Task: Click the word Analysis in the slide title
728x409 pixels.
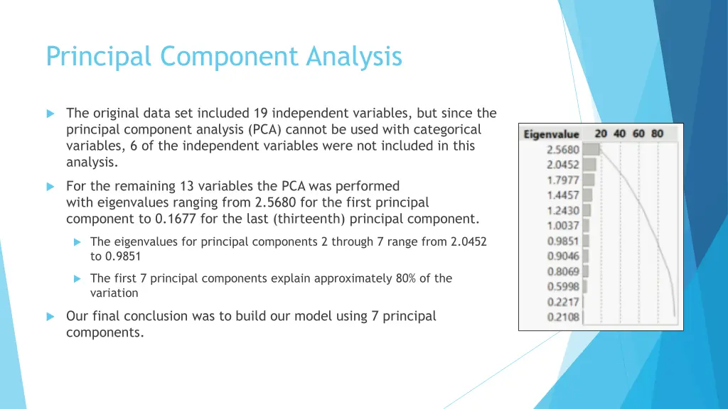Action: click(x=354, y=56)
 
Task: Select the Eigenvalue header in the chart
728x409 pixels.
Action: click(x=551, y=134)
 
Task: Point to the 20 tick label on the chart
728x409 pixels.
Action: click(x=601, y=133)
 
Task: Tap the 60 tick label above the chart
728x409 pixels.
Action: click(x=638, y=133)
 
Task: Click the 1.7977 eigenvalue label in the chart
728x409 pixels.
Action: click(x=563, y=180)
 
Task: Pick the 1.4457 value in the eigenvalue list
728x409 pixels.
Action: click(x=563, y=195)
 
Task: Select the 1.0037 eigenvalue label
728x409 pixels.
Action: click(x=563, y=226)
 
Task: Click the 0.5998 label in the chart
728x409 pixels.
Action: click(x=563, y=287)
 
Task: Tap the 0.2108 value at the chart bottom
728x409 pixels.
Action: click(x=563, y=317)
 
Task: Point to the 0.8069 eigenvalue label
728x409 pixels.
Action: click(x=563, y=271)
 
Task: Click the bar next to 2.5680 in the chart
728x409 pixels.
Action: click(x=591, y=149)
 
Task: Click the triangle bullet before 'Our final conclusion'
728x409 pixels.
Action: click(x=50, y=317)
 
